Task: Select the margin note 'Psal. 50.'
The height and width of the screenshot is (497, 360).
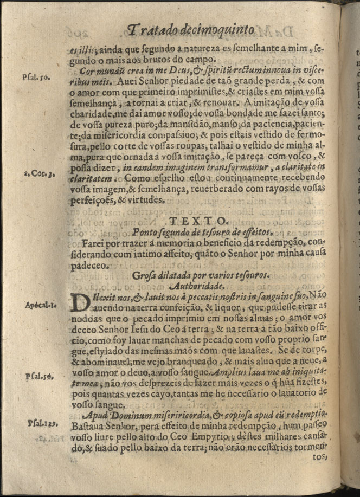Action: tap(37, 77)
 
